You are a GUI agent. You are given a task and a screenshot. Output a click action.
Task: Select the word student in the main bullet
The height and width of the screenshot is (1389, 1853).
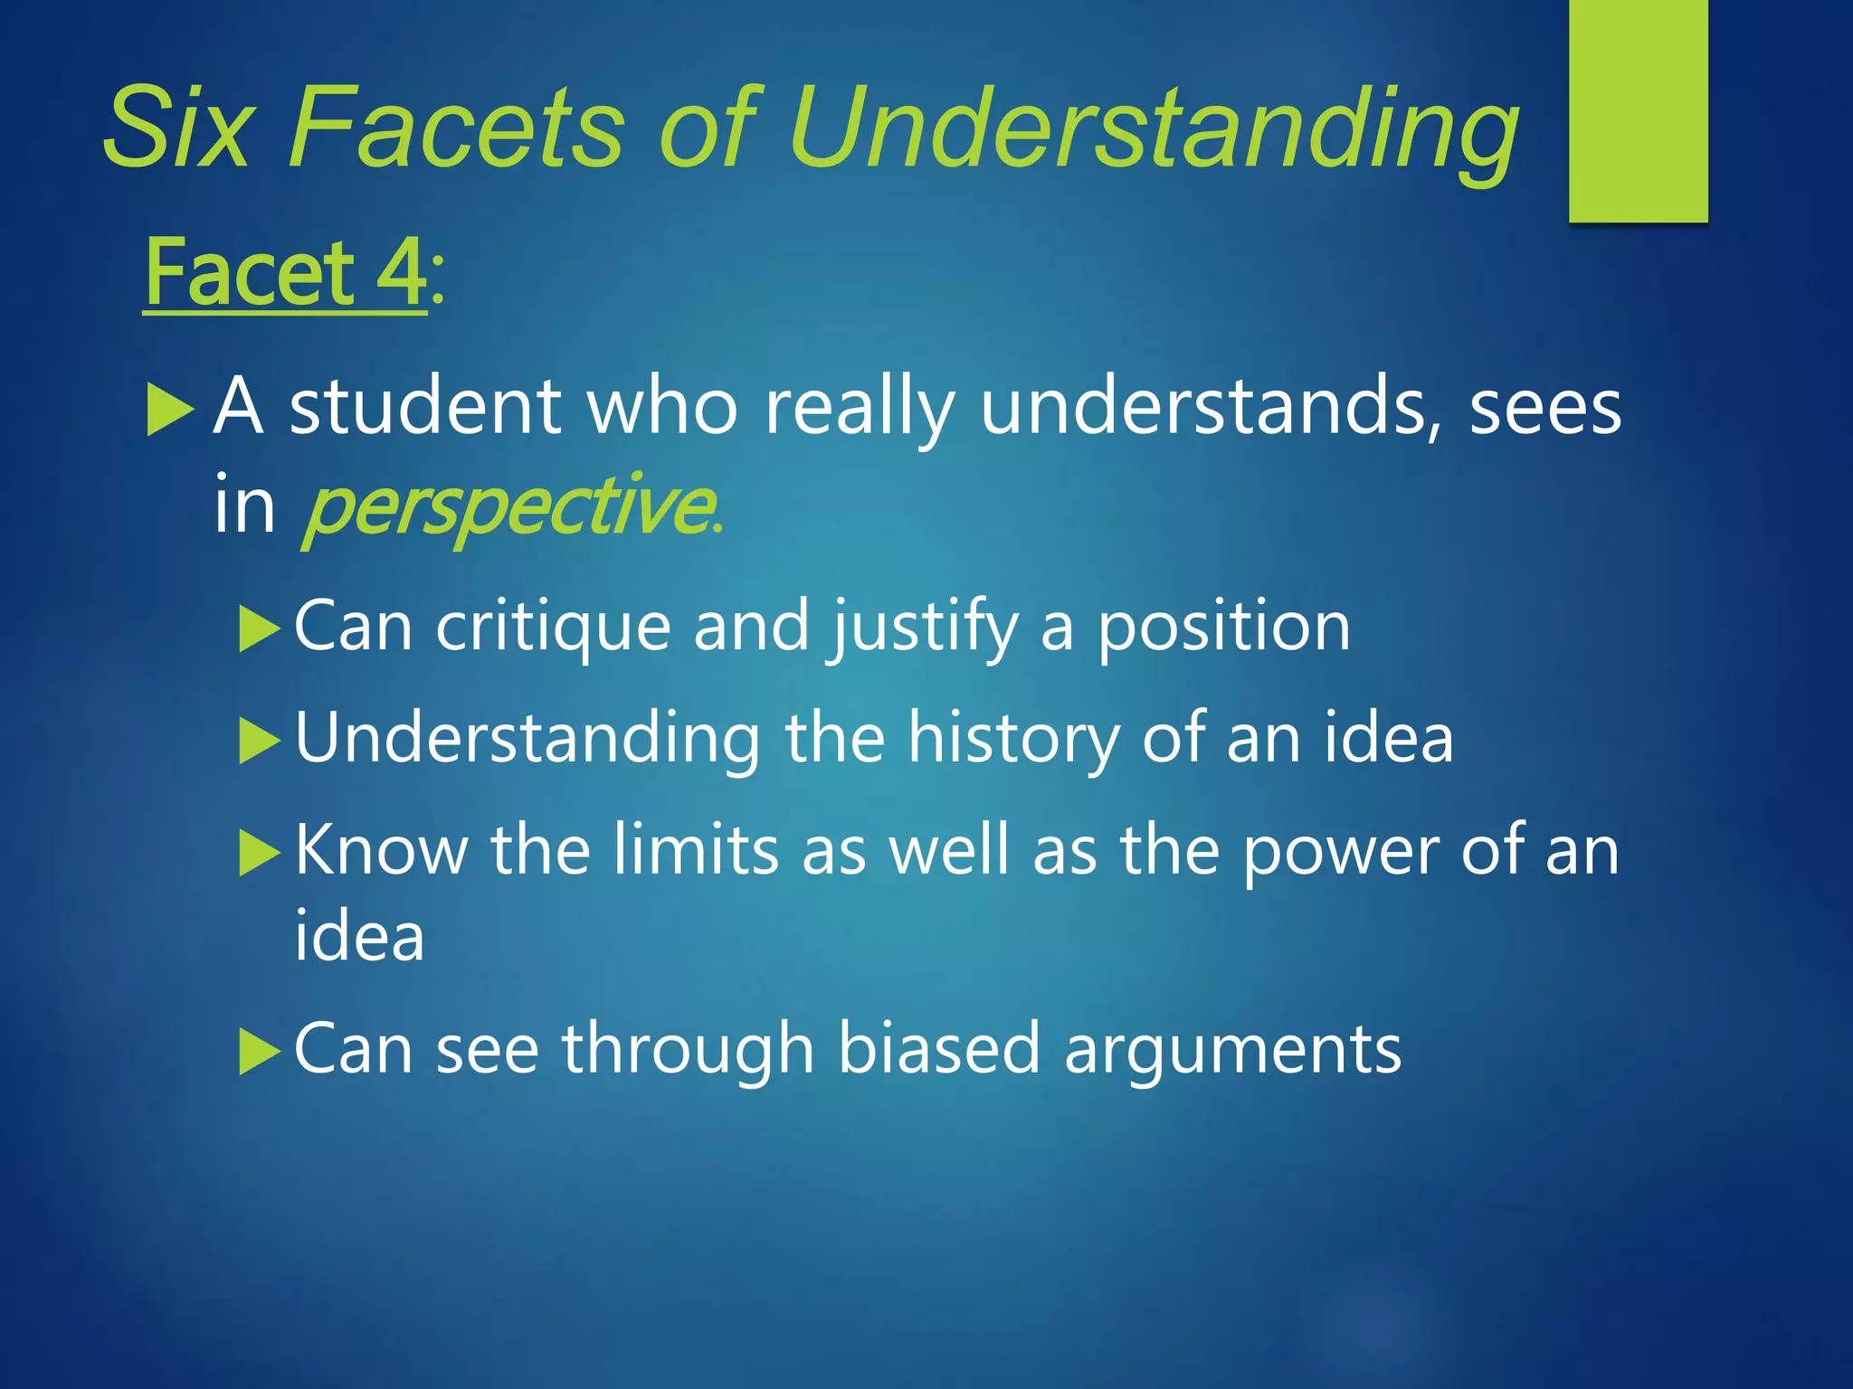coord(425,407)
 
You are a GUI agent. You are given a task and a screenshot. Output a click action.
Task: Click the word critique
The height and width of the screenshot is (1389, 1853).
coord(553,626)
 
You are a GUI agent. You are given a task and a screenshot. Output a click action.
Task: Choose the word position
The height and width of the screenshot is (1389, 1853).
coord(1224,628)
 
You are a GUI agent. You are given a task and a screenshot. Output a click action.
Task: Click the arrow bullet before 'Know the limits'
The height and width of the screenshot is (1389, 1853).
coord(260,853)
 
